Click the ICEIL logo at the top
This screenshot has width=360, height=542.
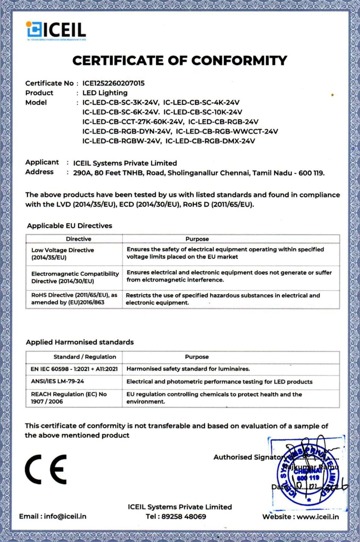point(56,30)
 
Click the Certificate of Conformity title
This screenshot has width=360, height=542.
point(179,61)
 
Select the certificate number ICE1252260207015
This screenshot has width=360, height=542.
point(113,83)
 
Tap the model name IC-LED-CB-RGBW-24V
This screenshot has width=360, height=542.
point(122,141)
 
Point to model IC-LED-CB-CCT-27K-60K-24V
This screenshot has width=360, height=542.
point(133,122)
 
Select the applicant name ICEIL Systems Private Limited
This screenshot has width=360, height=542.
point(125,163)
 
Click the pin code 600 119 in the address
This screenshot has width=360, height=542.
point(311,173)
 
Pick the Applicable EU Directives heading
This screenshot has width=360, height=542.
point(69,226)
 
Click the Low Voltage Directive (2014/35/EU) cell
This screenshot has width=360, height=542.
point(63,254)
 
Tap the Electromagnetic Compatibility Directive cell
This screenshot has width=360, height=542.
point(75,277)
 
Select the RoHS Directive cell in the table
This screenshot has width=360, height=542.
point(74,299)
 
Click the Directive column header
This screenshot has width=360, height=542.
point(79,239)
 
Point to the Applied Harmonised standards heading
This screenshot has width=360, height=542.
point(80,342)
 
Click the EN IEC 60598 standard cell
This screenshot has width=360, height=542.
point(74,369)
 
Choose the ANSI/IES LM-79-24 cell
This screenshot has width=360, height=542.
point(57,381)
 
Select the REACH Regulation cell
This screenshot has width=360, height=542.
point(69,398)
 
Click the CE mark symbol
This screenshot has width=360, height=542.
point(46,469)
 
